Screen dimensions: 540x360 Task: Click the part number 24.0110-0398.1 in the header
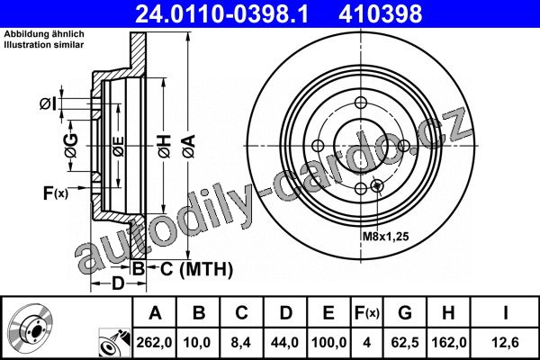pyautogui.click(x=221, y=14)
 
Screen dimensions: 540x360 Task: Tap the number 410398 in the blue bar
pyautogui.click(x=381, y=14)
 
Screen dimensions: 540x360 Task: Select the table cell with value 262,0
pyautogui.click(x=154, y=342)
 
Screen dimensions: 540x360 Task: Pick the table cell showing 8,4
pyautogui.click(x=241, y=342)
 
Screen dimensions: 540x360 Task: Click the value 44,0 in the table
pyautogui.click(x=285, y=342)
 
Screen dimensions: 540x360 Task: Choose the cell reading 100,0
pyautogui.click(x=328, y=342)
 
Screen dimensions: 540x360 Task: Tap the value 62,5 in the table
pyautogui.click(x=405, y=342)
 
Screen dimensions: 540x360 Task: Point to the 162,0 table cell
pyautogui.click(x=448, y=342)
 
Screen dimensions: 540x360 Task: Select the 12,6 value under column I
pyautogui.click(x=505, y=342)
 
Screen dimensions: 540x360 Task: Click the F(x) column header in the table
pyautogui.click(x=367, y=313)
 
